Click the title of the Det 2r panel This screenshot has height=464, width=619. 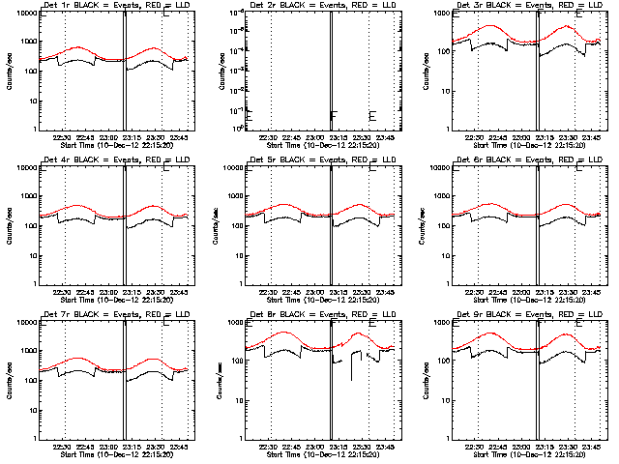pos(315,6)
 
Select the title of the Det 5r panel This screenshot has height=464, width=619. pos(315,160)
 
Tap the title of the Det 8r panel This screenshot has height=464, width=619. pos(315,315)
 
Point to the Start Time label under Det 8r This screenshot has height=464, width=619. pos(315,455)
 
